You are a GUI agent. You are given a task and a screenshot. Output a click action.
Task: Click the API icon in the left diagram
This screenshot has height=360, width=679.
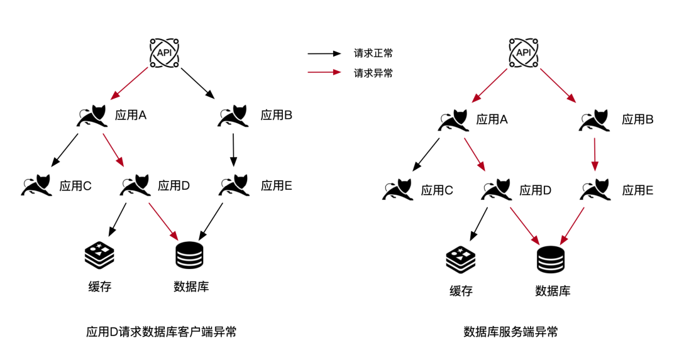pyautogui.click(x=163, y=53)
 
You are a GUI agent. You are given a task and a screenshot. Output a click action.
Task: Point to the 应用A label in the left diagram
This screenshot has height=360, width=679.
pyautogui.click(x=131, y=115)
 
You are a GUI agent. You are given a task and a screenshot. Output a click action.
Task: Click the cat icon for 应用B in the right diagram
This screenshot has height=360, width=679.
pyautogui.click(x=595, y=119)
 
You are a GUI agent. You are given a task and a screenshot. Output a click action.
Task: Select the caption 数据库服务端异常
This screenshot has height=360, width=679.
pyautogui.click(x=511, y=332)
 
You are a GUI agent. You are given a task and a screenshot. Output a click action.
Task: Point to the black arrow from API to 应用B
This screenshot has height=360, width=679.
pyautogui.click(x=197, y=82)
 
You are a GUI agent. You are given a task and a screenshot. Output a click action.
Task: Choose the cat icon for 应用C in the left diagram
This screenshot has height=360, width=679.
pyautogui.click(x=36, y=185)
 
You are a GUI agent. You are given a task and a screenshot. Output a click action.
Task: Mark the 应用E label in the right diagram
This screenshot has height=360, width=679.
pyautogui.click(x=638, y=190)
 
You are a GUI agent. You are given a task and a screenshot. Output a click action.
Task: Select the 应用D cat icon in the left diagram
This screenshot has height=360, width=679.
pyautogui.click(x=134, y=185)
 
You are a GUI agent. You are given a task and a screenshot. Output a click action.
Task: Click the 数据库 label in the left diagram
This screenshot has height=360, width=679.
pyautogui.click(x=191, y=287)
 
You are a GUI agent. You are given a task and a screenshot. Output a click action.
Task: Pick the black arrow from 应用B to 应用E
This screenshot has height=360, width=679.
pyautogui.click(x=233, y=150)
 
